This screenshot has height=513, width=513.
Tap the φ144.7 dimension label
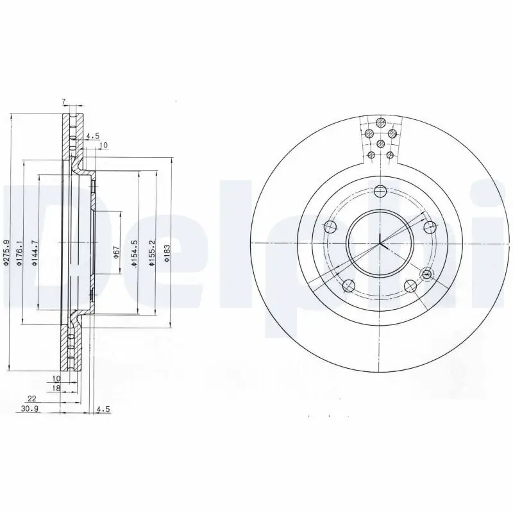(x=35, y=252)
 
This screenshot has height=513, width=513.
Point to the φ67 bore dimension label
(x=117, y=252)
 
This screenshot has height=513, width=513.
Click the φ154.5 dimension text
(x=135, y=252)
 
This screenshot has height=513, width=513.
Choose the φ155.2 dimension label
(x=152, y=252)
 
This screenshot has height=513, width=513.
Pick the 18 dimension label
(x=56, y=389)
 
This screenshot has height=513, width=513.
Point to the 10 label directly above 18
(x=56, y=379)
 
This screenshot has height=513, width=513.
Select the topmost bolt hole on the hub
(x=380, y=190)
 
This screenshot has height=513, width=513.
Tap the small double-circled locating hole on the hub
(x=427, y=274)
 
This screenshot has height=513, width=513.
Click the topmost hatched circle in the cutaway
(x=380, y=123)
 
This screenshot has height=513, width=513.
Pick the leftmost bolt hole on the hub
(x=330, y=226)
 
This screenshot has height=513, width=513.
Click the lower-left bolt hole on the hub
(x=349, y=286)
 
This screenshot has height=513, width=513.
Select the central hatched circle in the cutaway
(x=380, y=143)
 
